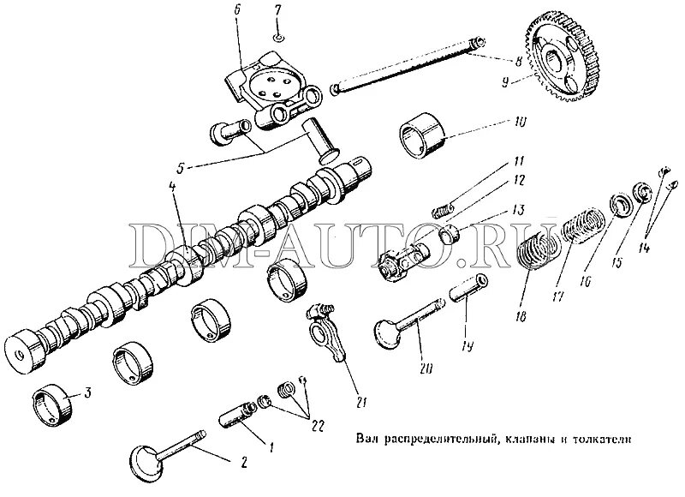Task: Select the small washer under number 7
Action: point(279,37)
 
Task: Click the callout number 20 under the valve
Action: point(426,368)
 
